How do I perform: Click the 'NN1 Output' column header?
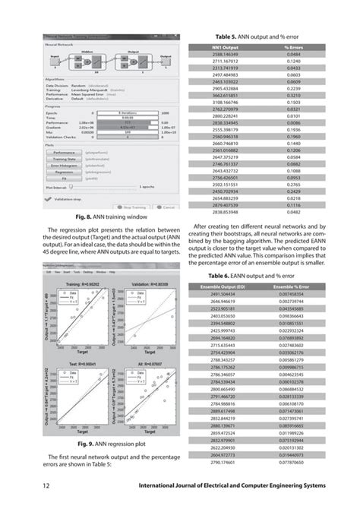click(x=225, y=47)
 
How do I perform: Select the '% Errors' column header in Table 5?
click(x=293, y=47)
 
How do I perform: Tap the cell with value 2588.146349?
click(x=225, y=54)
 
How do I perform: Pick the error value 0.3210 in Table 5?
click(x=293, y=94)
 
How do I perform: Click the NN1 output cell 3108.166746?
click(x=225, y=101)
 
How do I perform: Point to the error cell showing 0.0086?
click(x=293, y=122)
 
